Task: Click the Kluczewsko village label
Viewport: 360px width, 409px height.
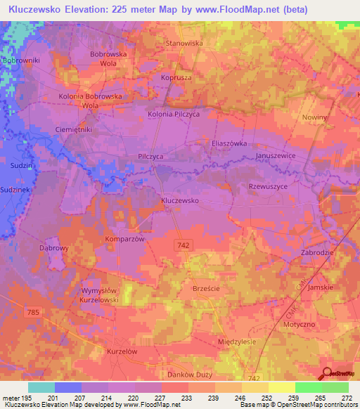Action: click(x=180, y=200)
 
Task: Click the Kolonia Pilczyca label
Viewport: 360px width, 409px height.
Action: click(x=174, y=112)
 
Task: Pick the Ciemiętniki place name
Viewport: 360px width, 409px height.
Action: click(x=74, y=130)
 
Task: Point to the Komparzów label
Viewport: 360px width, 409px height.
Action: click(x=125, y=239)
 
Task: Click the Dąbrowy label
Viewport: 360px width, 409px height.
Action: click(x=53, y=248)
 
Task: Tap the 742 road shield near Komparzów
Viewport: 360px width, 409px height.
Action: click(x=182, y=243)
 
